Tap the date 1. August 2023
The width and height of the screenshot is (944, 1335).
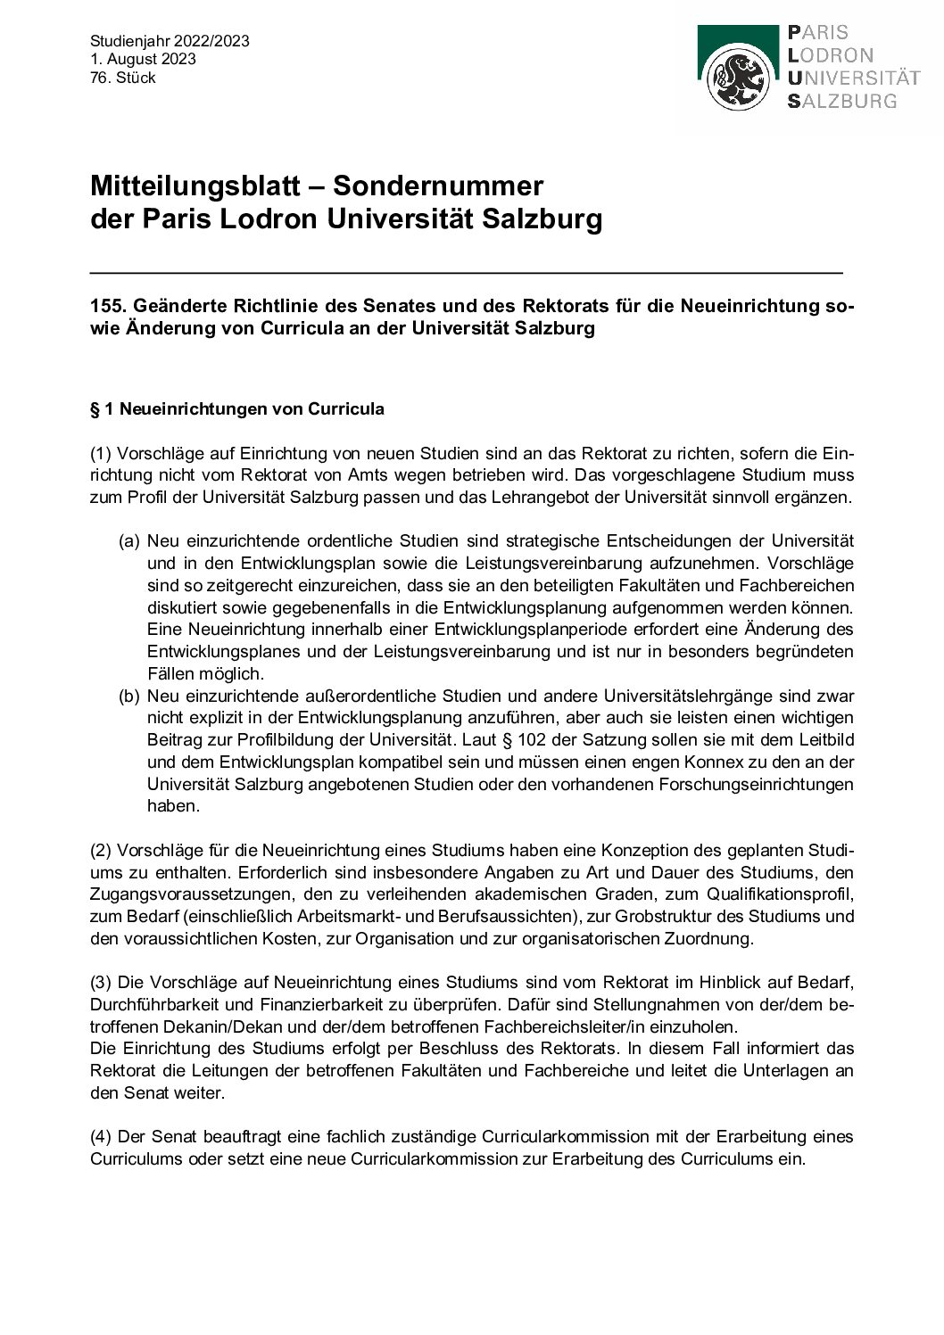[143, 60]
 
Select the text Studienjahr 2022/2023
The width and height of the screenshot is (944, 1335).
[170, 41]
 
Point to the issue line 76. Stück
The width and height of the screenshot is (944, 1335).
[123, 78]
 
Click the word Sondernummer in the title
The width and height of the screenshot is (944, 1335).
[438, 186]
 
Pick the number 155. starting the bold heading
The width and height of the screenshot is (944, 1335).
[108, 306]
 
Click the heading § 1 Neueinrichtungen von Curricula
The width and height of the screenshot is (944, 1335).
[237, 409]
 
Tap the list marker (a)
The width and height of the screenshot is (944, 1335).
[129, 541]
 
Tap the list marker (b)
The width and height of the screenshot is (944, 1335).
[129, 696]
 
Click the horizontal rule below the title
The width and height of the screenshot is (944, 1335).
[466, 271]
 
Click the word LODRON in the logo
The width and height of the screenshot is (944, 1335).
[831, 55]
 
